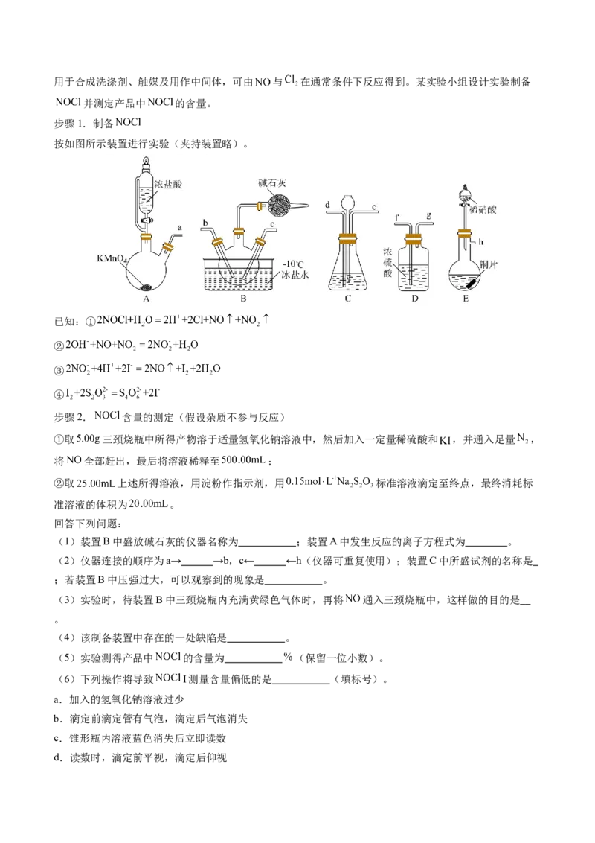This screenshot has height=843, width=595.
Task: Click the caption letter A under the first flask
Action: coord(147,299)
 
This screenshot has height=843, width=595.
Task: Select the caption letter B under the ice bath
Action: coord(242,299)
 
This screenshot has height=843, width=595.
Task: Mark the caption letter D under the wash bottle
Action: coord(414,299)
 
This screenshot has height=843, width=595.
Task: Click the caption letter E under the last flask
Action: coord(466,299)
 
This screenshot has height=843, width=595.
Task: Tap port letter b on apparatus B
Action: coord(205,222)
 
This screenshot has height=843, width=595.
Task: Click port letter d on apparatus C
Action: coord(327,204)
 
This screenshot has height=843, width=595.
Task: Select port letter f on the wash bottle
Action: coord(398,218)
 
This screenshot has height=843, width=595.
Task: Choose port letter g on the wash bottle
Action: coord(429,217)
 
